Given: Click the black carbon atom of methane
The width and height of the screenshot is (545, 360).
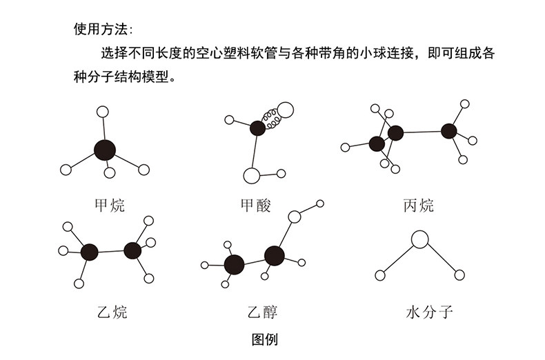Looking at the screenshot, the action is [x=105, y=150].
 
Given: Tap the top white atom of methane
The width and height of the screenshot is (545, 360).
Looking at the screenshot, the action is [x=103, y=112].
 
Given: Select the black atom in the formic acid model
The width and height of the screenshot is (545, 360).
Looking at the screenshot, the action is [x=257, y=127].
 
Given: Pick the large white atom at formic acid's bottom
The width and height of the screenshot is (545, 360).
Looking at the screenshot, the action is [x=252, y=175].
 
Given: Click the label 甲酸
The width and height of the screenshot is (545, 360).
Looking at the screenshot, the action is [x=255, y=205].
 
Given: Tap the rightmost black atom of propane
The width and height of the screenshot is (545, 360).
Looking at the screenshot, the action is [x=449, y=130].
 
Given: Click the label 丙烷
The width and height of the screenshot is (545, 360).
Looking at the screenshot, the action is [x=419, y=205].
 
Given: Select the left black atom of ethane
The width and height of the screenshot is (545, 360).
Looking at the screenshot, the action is [x=89, y=252].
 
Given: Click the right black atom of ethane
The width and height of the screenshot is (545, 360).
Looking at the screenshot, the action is [x=132, y=250].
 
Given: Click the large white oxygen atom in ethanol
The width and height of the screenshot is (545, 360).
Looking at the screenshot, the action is [x=295, y=217].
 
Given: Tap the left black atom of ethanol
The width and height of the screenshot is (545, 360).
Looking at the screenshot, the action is [x=235, y=263].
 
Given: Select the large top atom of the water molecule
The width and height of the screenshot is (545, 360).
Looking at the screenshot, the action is [x=420, y=239].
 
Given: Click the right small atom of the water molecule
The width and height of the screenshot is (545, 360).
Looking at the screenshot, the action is [x=459, y=275].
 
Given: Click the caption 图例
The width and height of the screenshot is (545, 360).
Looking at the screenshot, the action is [x=265, y=339].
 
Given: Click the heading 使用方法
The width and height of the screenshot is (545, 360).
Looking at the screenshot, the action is [x=99, y=29].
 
